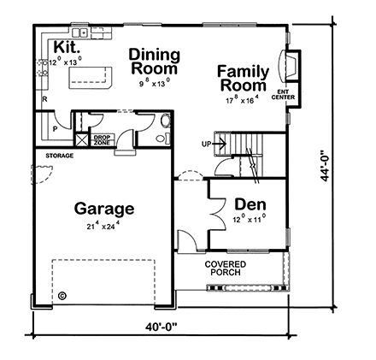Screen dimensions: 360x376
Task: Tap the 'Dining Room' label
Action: point(155,61)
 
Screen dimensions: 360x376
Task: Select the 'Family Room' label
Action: point(243,78)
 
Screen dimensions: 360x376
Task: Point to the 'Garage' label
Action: point(103,208)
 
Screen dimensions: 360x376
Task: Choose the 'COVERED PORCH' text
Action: point(226,269)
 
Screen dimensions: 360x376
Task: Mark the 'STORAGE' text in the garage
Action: point(60,156)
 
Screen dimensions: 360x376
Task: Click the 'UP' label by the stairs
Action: point(205,143)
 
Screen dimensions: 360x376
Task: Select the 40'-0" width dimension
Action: point(162,326)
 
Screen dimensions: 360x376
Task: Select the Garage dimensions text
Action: point(103,226)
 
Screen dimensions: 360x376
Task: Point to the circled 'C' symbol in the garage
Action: point(62,298)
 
